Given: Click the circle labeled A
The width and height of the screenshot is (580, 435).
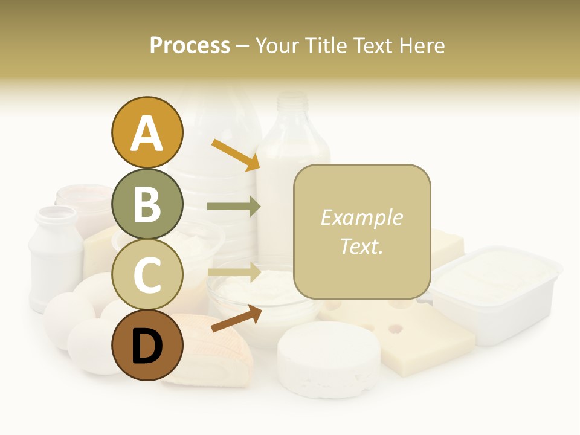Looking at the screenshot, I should [147, 132].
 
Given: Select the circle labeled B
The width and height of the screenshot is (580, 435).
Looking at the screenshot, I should [147, 204].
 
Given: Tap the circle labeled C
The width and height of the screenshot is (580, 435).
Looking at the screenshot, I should [147, 275].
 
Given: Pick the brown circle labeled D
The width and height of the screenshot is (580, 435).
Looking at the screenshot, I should [147, 346].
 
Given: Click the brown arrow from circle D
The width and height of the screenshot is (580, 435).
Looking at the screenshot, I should [236, 318].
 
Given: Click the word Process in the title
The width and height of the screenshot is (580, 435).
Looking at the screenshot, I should [190, 45].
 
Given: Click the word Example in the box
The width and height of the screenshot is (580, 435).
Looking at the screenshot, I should [361, 217].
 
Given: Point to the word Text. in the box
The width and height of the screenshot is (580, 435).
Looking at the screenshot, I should [361, 246].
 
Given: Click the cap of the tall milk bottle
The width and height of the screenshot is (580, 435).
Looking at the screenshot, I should [294, 100].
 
